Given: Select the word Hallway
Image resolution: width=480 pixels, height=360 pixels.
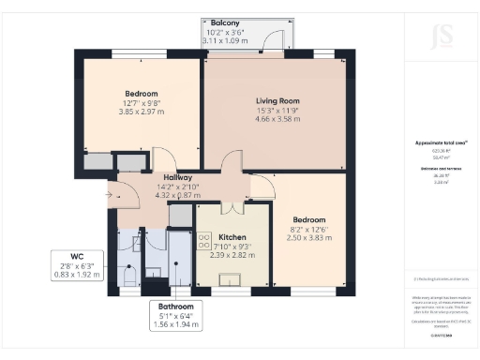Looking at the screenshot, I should (x=178, y=177).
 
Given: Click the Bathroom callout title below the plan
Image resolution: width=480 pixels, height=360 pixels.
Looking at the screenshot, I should (x=175, y=307).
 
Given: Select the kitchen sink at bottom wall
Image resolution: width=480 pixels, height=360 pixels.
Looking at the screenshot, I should (x=227, y=277).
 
